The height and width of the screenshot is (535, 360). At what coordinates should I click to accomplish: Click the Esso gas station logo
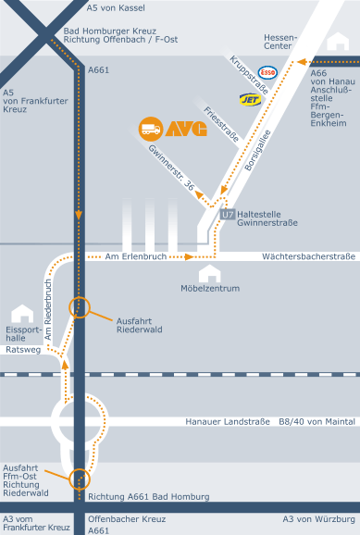point(267,72)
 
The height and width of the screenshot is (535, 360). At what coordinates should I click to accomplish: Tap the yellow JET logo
point(251,99)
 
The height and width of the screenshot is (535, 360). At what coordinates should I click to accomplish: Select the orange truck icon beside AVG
point(151,129)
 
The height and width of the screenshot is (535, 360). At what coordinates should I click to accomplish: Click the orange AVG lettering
point(186,129)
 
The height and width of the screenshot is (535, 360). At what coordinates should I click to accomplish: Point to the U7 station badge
point(228,214)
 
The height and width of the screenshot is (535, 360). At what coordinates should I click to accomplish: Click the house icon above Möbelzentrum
point(210,274)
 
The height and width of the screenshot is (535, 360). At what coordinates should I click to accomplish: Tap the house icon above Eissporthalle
point(22,314)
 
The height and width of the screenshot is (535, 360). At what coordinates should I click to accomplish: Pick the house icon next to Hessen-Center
point(338,42)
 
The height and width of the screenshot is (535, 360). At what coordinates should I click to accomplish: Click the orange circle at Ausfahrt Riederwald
point(80,307)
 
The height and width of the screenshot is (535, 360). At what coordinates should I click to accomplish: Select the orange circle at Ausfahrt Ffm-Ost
point(80,479)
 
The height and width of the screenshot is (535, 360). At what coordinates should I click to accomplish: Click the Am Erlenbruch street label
point(136,256)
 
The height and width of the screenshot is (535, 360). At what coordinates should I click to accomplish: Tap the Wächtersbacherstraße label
point(309,256)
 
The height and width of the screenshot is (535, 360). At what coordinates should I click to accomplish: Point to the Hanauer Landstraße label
point(228,422)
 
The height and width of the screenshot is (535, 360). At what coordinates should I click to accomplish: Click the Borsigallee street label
point(257,150)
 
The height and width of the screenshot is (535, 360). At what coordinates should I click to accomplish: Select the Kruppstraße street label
point(249,75)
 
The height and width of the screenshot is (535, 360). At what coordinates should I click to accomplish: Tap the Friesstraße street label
point(221,124)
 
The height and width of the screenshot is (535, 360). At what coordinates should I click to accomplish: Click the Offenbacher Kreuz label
point(127,519)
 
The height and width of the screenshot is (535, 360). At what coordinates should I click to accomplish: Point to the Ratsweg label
point(23,350)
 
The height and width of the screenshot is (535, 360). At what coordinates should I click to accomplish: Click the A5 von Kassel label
point(116,7)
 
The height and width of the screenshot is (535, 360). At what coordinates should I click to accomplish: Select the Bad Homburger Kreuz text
point(110,31)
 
